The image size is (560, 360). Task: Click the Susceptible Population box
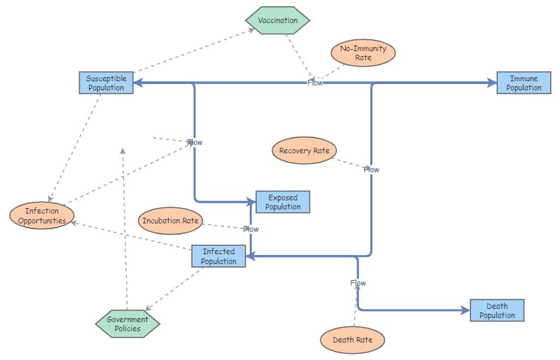[x=106, y=83]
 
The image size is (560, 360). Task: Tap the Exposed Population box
[x=283, y=202]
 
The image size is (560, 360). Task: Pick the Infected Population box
[x=218, y=256]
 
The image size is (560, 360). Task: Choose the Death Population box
[x=496, y=310]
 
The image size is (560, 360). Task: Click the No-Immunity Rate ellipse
[x=363, y=53]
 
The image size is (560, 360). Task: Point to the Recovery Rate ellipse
[x=304, y=151]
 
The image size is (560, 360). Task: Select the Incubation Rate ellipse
[x=171, y=221]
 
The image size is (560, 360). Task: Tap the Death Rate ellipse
[x=353, y=340]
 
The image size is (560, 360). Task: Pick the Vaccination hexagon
[x=277, y=20]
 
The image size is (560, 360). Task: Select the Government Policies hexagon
[x=127, y=324]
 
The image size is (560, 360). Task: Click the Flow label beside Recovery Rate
[x=371, y=169]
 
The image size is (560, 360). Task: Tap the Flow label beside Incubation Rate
[x=251, y=229]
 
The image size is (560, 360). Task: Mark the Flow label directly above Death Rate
[x=358, y=283]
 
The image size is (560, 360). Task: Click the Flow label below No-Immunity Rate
[x=315, y=83]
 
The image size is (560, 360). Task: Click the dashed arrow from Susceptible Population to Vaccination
[x=189, y=51]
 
